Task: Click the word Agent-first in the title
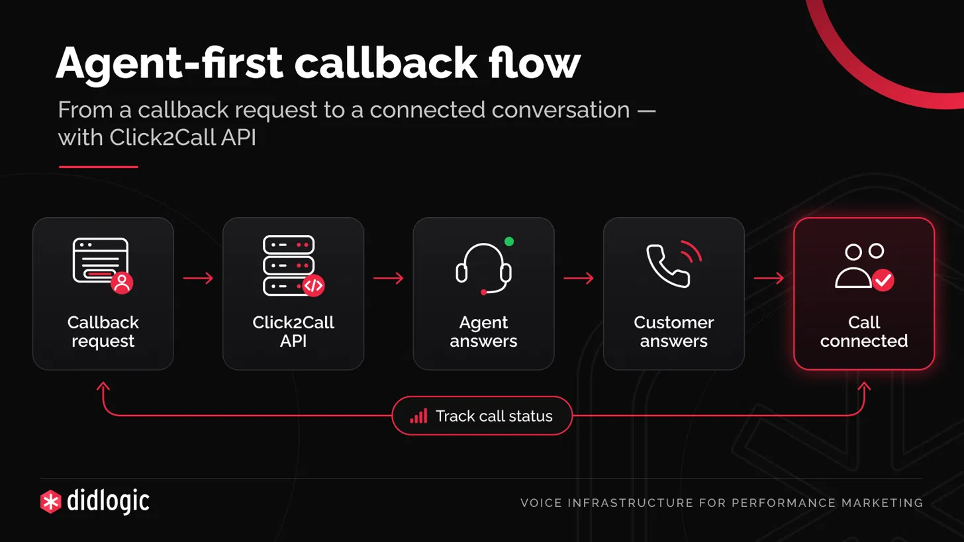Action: [x=169, y=64]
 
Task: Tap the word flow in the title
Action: [x=534, y=63]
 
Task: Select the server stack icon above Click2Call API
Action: [x=293, y=265]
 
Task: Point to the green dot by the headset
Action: [x=508, y=242]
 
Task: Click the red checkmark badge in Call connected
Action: [x=883, y=281]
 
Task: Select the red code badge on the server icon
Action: [x=313, y=286]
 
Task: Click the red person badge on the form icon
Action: [x=122, y=283]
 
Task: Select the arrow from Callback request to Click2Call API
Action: [x=198, y=279]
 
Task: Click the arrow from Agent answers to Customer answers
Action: [x=579, y=279]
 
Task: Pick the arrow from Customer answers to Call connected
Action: [x=769, y=279]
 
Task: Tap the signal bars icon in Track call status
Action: [x=418, y=416]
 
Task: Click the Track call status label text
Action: [x=494, y=416]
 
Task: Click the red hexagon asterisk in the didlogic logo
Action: [x=51, y=502]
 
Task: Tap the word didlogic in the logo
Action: [x=108, y=501]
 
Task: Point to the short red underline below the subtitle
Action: [x=98, y=167]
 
